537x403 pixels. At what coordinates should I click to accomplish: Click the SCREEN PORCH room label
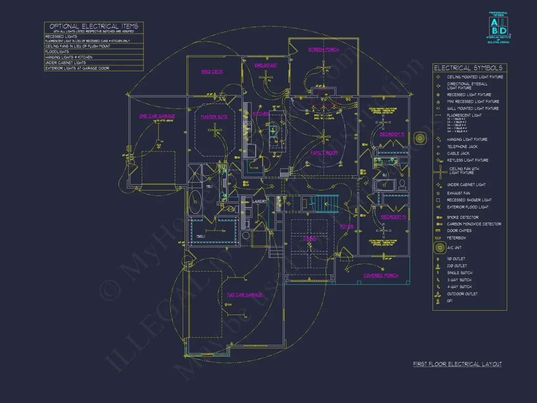(x=323, y=50)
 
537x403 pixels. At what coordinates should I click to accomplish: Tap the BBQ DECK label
(x=212, y=72)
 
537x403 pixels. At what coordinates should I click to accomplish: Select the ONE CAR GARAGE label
(x=157, y=116)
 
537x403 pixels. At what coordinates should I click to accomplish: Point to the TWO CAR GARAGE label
(x=244, y=295)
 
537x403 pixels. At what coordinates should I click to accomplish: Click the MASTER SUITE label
(x=214, y=117)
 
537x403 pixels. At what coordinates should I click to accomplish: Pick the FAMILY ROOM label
(x=324, y=153)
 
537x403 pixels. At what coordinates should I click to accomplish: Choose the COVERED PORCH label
(x=381, y=276)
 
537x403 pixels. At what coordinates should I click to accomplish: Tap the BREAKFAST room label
(x=266, y=65)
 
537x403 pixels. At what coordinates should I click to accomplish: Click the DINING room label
(x=310, y=239)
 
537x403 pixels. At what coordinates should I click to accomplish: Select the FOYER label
(x=347, y=227)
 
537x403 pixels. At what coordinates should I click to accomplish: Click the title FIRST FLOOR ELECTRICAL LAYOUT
(x=457, y=364)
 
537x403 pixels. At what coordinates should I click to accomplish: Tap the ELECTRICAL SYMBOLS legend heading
(x=468, y=68)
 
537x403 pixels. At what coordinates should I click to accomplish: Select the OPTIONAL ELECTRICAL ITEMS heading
(x=94, y=26)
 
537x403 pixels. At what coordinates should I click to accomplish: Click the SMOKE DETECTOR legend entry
(x=462, y=217)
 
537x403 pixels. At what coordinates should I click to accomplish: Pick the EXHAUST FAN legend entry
(x=458, y=193)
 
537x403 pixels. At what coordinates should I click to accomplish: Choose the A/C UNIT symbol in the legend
(x=438, y=248)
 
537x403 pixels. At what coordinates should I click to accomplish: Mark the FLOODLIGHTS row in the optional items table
(x=58, y=51)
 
